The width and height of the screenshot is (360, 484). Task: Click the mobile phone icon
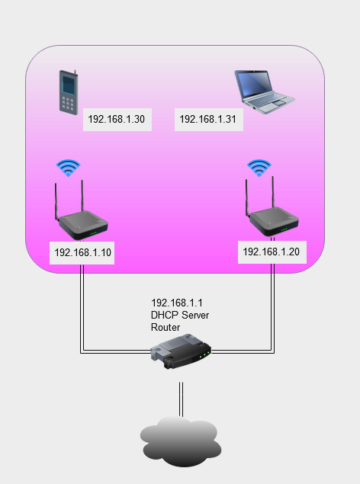(69, 92)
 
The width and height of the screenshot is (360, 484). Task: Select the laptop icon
(265, 92)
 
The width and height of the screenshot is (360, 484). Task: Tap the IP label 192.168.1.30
(117, 119)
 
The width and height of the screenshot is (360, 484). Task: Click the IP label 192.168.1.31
(207, 119)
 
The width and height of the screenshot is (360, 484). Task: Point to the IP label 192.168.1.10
(82, 252)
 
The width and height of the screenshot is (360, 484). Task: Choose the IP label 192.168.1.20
(271, 252)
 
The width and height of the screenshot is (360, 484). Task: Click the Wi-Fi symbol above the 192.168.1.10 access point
(68, 168)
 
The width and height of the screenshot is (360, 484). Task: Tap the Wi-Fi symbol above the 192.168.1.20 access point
(259, 168)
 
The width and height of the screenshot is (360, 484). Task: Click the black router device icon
(181, 351)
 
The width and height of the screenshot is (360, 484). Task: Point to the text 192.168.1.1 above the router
(177, 303)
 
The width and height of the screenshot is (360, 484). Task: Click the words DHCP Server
(180, 315)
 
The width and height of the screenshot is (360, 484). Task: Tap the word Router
(166, 327)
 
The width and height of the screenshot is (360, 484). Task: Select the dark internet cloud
(181, 441)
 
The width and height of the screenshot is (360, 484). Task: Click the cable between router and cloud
(181, 399)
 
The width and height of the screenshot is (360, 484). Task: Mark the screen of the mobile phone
(68, 85)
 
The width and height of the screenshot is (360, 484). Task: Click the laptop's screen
(255, 83)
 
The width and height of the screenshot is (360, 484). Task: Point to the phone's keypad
(68, 103)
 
